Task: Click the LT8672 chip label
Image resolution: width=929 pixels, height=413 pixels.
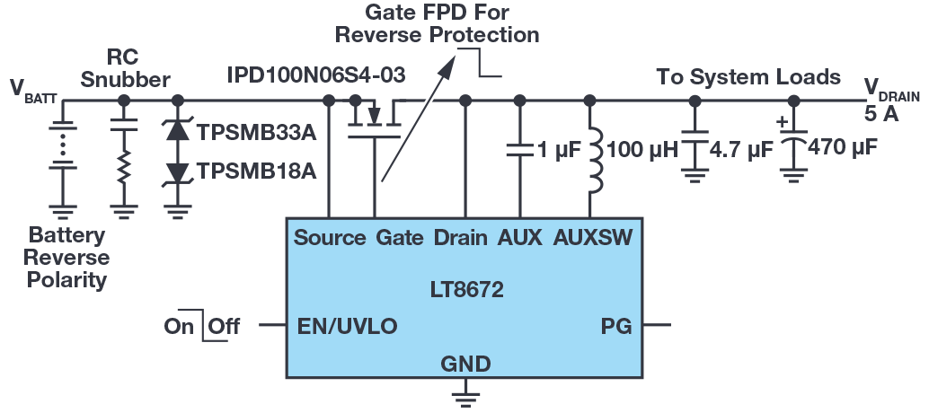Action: tap(464, 291)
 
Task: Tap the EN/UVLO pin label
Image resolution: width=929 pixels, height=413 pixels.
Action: tap(348, 326)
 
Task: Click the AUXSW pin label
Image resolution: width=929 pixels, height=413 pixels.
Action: tap(593, 238)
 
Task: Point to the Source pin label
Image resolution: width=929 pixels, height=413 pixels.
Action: tap(330, 238)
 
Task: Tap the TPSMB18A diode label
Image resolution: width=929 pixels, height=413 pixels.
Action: tap(257, 171)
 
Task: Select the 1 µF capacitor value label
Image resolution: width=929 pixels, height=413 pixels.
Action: tap(557, 148)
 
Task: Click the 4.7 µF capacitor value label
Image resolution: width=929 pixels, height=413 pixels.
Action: tap(740, 148)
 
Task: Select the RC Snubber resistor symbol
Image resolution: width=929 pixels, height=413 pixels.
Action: tap(123, 165)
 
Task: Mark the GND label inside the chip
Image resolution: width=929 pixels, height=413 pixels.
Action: tap(465, 363)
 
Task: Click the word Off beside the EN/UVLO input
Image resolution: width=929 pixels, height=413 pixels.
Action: tap(225, 326)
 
